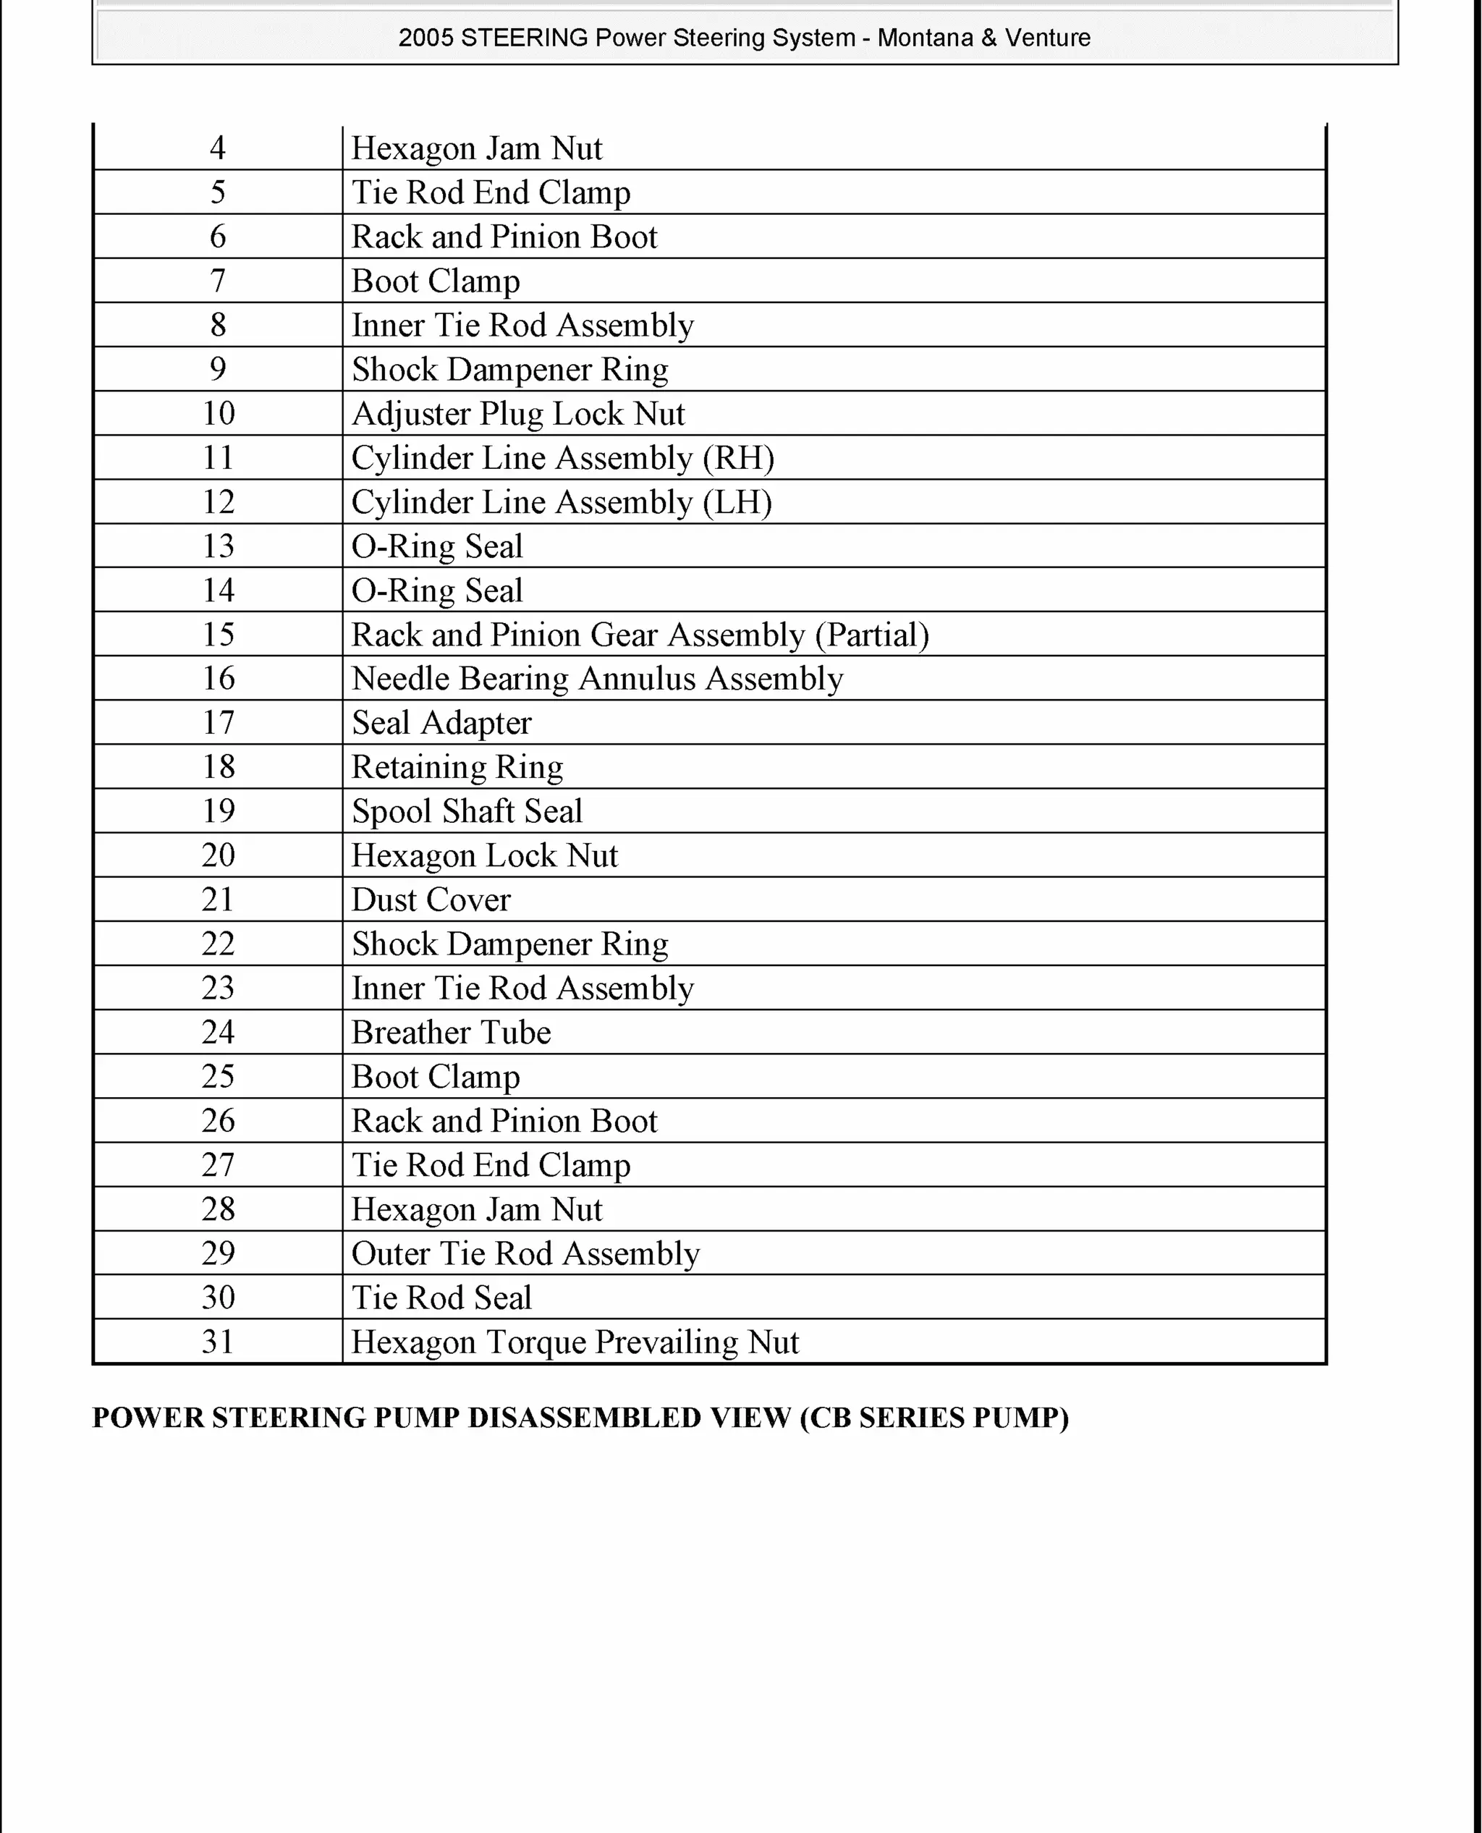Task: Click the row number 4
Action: (218, 148)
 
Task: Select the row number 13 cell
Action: (218, 546)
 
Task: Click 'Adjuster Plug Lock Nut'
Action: (518, 414)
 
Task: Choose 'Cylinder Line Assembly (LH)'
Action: (562, 503)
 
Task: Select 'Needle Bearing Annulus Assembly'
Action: (597, 679)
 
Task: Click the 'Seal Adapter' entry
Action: (441, 723)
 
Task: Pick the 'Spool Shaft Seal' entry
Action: (467, 811)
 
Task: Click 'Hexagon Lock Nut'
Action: (484, 855)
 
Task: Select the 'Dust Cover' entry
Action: (431, 899)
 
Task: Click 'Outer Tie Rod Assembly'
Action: (525, 1254)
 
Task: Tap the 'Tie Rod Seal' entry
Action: (441, 1298)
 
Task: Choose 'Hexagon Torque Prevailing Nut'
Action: (575, 1342)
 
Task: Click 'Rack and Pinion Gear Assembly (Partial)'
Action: (640, 635)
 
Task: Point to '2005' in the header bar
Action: (426, 38)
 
